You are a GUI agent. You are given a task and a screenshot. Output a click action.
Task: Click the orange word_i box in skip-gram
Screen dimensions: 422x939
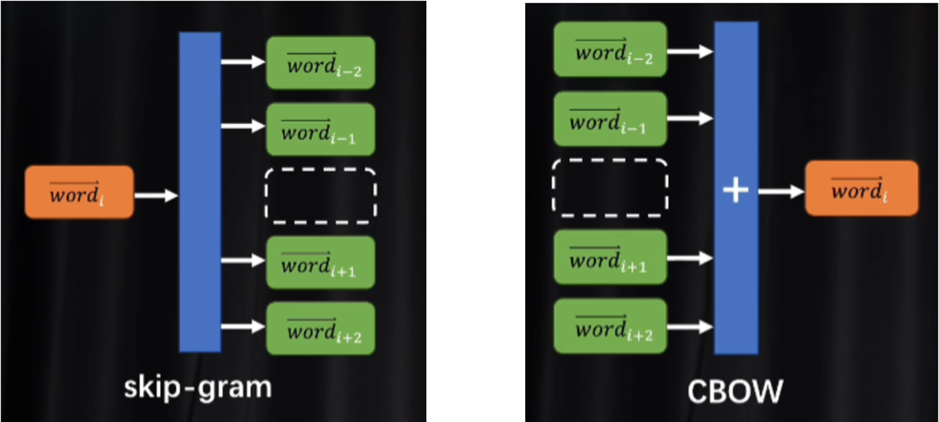point(79,192)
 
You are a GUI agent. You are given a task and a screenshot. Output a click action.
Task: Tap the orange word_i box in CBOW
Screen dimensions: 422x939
point(861,188)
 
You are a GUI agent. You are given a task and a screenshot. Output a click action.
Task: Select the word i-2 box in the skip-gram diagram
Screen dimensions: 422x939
point(320,63)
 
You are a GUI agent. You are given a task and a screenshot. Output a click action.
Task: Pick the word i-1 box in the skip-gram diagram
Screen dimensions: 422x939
point(320,130)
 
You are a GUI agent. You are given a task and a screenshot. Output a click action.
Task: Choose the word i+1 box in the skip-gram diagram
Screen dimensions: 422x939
point(320,262)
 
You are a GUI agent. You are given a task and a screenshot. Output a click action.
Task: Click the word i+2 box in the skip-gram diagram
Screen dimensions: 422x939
point(320,328)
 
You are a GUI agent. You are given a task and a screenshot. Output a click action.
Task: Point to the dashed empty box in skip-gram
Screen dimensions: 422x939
point(320,196)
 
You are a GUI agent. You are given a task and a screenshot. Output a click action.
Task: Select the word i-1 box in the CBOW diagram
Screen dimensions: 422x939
point(610,118)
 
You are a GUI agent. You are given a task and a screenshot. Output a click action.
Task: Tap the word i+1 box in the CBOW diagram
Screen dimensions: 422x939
point(610,257)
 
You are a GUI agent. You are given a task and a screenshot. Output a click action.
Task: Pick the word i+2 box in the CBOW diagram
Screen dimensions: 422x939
point(610,325)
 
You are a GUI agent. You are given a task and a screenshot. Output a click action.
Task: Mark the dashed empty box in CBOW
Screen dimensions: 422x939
point(609,186)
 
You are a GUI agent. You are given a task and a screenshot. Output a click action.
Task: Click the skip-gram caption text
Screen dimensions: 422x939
point(197,387)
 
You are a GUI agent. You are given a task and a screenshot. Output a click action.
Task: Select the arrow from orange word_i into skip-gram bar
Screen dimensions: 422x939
point(156,196)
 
